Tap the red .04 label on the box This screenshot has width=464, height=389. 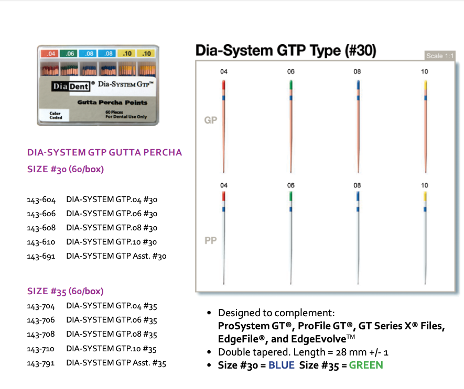point(51,53)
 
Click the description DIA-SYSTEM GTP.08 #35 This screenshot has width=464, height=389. point(112,335)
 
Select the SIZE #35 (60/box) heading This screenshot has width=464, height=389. point(65,291)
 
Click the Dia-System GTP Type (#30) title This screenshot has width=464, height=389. point(286,51)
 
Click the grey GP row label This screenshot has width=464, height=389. point(210,120)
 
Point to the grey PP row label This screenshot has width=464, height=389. point(210,241)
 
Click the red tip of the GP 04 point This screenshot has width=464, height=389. point(224,85)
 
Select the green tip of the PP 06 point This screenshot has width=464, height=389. point(291,197)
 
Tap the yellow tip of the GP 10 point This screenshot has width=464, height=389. point(425,85)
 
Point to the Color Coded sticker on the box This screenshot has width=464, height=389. point(56,115)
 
